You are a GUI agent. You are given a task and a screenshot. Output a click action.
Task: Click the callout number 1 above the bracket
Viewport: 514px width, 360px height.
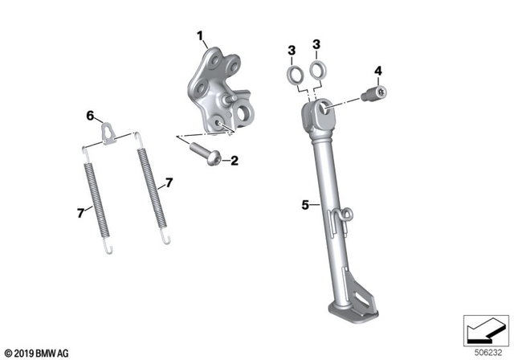202,35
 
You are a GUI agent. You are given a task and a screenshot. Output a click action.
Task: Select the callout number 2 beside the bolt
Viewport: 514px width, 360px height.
235,161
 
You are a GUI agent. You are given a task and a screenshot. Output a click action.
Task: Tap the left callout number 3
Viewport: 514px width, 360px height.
292,51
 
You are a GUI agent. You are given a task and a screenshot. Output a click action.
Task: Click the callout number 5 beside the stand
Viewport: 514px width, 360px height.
305,205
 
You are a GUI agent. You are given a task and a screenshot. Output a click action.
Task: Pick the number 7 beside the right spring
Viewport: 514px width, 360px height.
169,183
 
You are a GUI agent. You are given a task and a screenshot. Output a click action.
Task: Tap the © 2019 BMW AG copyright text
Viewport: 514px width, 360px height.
36,352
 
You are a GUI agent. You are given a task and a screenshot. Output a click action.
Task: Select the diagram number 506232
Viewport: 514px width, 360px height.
489,352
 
